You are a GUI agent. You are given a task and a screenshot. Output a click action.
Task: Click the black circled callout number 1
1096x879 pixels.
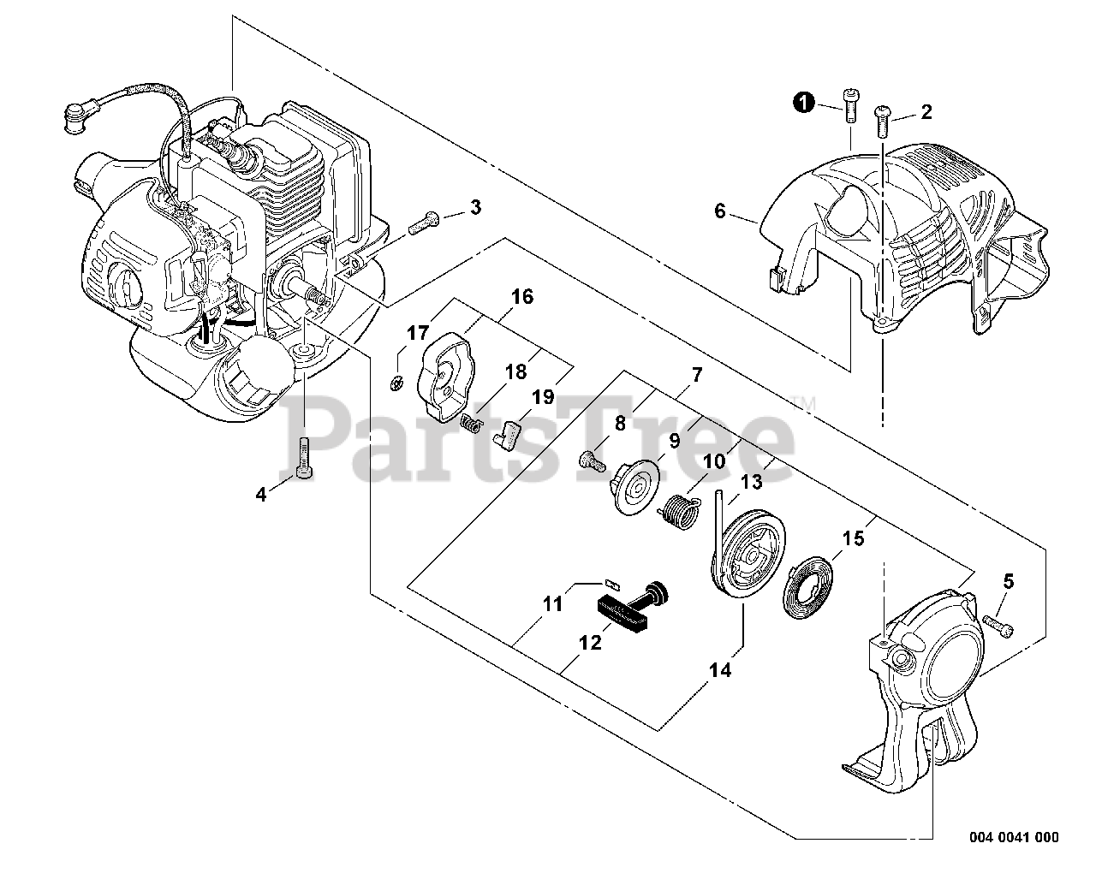tap(802, 103)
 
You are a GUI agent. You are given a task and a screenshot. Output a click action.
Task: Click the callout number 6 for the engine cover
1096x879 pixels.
tap(720, 211)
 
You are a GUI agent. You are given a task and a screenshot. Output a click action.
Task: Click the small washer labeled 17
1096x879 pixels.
tap(396, 383)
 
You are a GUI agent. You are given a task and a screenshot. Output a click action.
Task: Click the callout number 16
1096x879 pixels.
tap(522, 297)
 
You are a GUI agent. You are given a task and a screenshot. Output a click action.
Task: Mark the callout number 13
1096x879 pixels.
tap(751, 482)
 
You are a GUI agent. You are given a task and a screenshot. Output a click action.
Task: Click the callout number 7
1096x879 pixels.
tap(696, 374)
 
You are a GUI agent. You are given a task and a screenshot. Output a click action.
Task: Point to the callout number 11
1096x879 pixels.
tap(553, 604)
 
